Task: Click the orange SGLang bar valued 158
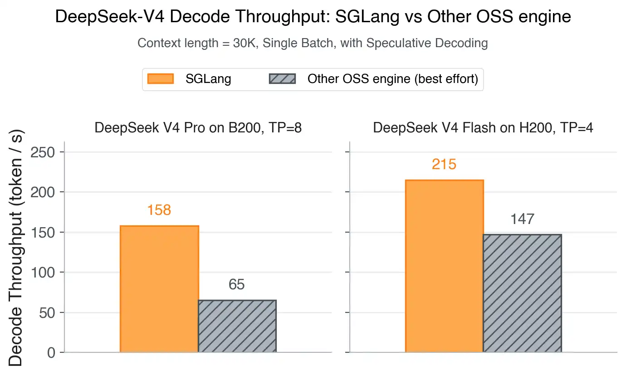click(159, 289)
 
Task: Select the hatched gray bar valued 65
click(237, 326)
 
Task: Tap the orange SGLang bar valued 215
click(444, 266)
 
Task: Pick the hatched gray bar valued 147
click(522, 293)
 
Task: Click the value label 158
click(159, 210)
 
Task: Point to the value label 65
click(237, 285)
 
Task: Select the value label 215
click(444, 164)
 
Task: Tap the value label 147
click(522, 219)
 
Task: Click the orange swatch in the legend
click(161, 79)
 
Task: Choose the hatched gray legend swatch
click(282, 79)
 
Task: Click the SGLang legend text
click(208, 79)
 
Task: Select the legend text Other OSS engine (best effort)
click(393, 79)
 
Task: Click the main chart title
click(313, 17)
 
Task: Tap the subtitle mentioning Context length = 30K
click(313, 44)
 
